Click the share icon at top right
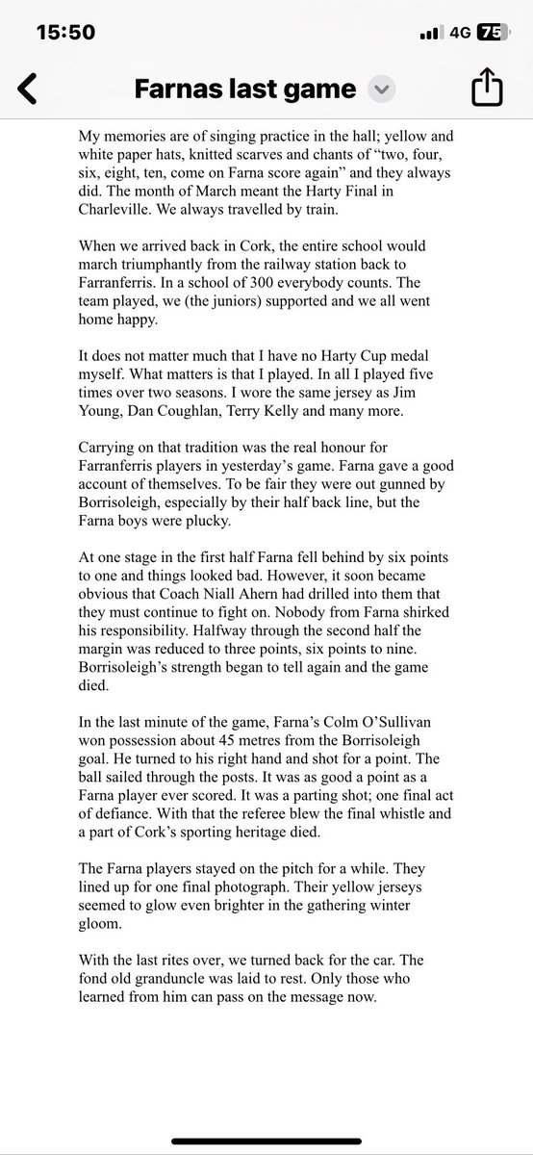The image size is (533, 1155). click(x=487, y=89)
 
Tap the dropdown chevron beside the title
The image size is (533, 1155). click(x=382, y=90)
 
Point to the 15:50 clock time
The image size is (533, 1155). click(x=65, y=32)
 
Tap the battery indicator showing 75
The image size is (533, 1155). click(x=490, y=32)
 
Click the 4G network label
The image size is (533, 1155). click(x=460, y=32)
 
